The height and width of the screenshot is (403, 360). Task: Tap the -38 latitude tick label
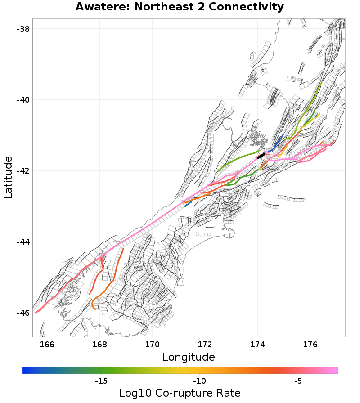click(x=22, y=29)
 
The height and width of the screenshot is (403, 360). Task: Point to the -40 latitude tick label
click(x=22, y=100)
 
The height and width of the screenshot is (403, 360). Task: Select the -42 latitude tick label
click(x=22, y=171)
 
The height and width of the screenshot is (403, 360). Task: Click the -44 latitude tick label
click(x=22, y=242)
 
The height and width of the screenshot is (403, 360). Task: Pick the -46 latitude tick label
click(x=22, y=313)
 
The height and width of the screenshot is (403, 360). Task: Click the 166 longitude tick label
click(x=47, y=345)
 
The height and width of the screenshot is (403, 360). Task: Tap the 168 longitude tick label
click(x=99, y=345)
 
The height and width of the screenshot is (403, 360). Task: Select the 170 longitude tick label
click(x=152, y=345)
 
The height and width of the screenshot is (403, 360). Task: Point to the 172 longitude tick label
click(x=205, y=345)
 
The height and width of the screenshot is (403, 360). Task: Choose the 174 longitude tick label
click(x=258, y=345)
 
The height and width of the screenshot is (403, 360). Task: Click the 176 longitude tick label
click(x=310, y=345)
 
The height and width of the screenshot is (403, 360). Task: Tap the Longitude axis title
click(x=189, y=358)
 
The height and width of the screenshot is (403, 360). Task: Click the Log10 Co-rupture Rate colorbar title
click(x=180, y=393)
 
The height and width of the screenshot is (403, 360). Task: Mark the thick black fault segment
click(x=261, y=156)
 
